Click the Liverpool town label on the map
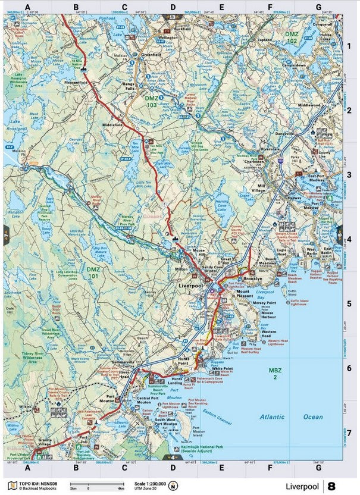point(191,286)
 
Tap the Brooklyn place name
point(253,278)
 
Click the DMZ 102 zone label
point(292,38)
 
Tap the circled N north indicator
point(173,485)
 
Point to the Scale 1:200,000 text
point(147,483)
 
